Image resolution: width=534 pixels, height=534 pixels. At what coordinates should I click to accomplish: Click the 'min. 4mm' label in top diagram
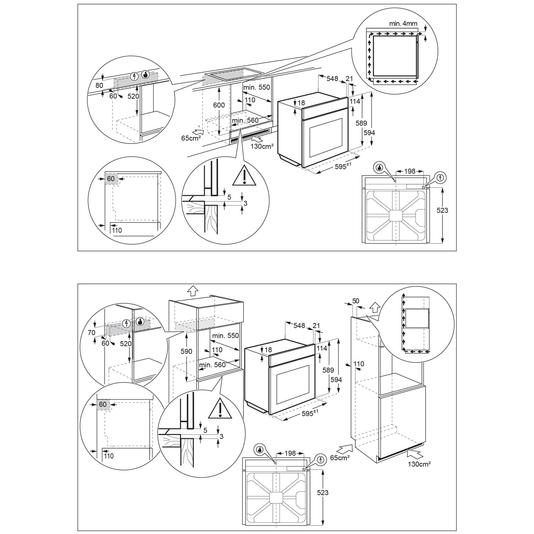tap(403, 24)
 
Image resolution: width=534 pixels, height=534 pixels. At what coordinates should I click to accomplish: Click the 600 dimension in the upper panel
tap(219, 105)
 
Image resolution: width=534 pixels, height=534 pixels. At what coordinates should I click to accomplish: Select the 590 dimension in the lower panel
tap(186, 351)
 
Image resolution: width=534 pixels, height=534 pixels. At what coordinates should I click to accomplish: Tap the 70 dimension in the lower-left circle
tap(91, 333)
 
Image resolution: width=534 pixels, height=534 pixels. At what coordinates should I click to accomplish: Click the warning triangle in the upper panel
tap(244, 176)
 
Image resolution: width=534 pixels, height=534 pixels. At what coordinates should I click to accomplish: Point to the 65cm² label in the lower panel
tap(340, 457)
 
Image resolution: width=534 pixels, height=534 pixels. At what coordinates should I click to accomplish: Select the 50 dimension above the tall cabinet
tap(355, 301)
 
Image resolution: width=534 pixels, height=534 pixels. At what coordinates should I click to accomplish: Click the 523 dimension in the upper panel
tap(442, 210)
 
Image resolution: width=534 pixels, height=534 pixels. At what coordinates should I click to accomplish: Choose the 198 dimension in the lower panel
tap(290, 453)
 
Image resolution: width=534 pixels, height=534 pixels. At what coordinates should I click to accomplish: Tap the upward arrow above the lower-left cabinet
tap(193, 291)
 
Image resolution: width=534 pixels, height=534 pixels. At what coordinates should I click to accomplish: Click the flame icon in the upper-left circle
tap(146, 75)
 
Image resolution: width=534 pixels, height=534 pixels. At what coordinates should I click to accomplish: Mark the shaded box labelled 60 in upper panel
tap(111, 178)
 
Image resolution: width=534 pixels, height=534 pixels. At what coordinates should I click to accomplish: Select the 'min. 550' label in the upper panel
tap(257, 88)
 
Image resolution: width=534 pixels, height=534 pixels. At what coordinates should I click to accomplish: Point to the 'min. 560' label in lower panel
tap(212, 365)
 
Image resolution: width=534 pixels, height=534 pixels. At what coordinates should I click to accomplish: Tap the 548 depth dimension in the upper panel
tap(332, 79)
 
